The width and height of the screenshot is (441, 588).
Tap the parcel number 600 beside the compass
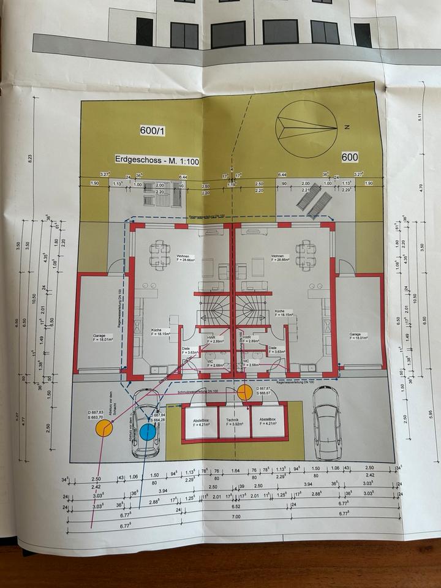(350, 157)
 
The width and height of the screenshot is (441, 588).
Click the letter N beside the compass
(346, 128)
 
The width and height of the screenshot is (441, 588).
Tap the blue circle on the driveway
(147, 432)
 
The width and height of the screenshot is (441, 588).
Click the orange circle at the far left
(103, 428)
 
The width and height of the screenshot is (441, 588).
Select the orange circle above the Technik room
(244, 392)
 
